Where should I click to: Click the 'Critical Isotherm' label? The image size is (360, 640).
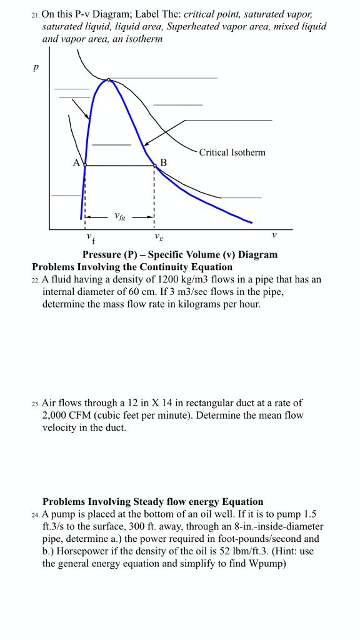tap(232, 152)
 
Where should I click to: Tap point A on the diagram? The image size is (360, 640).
tap(85, 165)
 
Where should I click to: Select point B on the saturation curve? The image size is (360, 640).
tap(155, 165)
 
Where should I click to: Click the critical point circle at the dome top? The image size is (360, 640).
tap(109, 80)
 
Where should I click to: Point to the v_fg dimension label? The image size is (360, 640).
tap(119, 217)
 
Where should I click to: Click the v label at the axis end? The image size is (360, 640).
tap(274, 236)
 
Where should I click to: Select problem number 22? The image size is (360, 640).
tap(36, 280)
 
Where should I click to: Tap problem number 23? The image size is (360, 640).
tap(36, 404)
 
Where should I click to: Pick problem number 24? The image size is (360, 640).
tap(36, 514)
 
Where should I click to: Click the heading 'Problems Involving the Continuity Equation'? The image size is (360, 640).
tap(132, 267)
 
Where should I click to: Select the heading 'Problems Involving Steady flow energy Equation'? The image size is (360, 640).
tap(152, 501)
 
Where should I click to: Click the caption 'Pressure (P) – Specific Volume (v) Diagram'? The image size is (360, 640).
tap(180, 254)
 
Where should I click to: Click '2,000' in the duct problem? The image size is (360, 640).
tap(55, 416)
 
